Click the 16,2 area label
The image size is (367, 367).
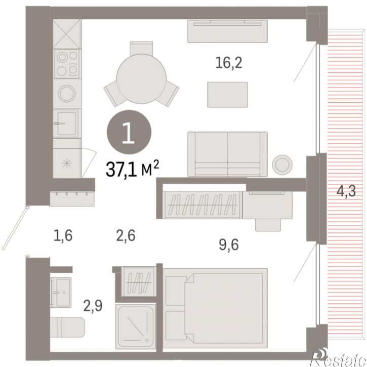click(229, 63)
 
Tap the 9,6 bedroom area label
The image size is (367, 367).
click(229, 245)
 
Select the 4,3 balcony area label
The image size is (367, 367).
click(346, 191)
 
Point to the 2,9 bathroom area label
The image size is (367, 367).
click(93, 306)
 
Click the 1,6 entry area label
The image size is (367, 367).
click(63, 235)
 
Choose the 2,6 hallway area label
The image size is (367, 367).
click(126, 235)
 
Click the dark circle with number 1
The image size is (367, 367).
click(129, 132)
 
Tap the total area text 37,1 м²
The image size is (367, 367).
click(133, 169)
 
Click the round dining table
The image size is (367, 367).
click(141, 78)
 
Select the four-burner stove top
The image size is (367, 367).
click(67, 64)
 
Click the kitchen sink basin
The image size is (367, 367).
click(66, 124)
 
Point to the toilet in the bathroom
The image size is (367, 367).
click(68, 327)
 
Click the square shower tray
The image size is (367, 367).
click(136, 327)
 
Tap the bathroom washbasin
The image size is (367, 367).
click(61, 292)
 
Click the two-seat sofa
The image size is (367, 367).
click(227, 154)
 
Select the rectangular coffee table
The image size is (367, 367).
click(227, 95)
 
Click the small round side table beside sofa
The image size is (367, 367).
click(282, 165)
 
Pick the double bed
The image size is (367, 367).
click(215, 308)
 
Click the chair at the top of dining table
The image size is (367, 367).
click(141, 48)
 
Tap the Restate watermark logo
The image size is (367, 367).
click(338, 358)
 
